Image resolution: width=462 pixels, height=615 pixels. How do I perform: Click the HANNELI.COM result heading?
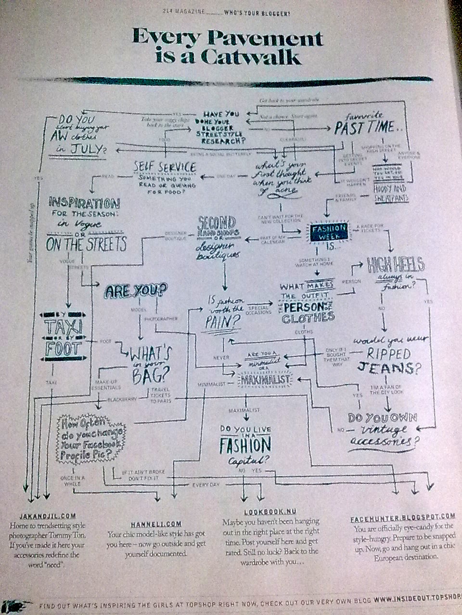[156, 524]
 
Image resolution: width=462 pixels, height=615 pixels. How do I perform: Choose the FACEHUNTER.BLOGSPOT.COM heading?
[402, 517]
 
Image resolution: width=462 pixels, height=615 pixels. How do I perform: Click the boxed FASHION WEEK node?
[329, 232]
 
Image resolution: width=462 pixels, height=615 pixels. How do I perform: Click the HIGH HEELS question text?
[395, 265]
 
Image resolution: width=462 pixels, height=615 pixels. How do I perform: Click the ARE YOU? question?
[136, 290]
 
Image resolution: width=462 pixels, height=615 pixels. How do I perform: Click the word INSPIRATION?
[84, 203]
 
